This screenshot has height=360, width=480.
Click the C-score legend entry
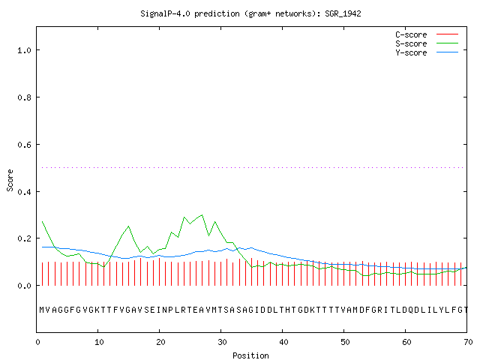click(x=411, y=34)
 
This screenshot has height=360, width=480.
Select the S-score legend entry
click(x=411, y=43)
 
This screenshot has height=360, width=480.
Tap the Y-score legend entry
click(x=411, y=52)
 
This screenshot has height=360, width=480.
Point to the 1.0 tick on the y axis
click(x=25, y=50)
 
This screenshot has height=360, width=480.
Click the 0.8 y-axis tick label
click(x=25, y=97)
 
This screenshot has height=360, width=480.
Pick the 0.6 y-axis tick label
click(x=25, y=145)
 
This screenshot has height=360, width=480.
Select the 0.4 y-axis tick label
click(x=25, y=192)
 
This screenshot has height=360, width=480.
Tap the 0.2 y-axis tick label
click(x=25, y=238)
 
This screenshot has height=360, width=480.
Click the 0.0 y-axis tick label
click(x=25, y=286)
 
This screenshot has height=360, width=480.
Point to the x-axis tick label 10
click(x=99, y=342)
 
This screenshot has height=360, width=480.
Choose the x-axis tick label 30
click(x=222, y=342)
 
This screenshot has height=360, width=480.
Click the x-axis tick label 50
click(x=345, y=342)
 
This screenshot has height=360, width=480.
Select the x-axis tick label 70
click(x=468, y=342)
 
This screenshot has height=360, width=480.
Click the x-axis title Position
click(x=250, y=355)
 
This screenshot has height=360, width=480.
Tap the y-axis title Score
click(x=10, y=180)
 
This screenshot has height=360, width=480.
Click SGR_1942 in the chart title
click(x=343, y=13)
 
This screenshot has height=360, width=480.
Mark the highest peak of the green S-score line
click(x=202, y=215)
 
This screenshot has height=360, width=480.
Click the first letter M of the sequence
click(x=42, y=310)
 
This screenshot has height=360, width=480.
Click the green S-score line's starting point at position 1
click(x=42, y=221)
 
